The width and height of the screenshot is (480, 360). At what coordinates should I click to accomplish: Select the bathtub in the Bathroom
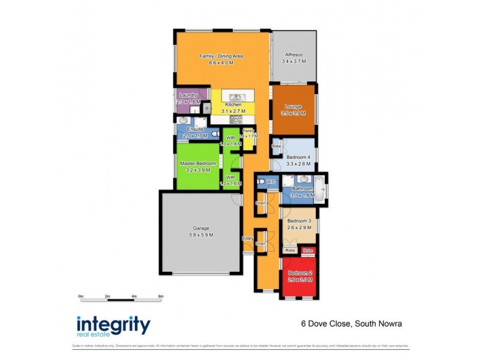pos(320,188)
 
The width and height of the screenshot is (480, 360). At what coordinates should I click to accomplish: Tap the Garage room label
pos(202,228)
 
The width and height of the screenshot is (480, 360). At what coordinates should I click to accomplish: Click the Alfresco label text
pos(294,55)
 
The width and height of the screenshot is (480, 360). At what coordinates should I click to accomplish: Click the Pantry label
pos(248,130)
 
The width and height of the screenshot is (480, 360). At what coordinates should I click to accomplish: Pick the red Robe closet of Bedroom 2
pos(308,250)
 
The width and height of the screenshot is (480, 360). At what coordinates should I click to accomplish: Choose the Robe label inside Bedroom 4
pos(276,146)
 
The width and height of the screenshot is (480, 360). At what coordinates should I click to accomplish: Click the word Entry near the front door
pos(247,239)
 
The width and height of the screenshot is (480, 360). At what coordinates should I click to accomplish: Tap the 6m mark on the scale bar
pos(161,296)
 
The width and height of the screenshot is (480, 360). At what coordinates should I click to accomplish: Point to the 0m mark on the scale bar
pos(81,296)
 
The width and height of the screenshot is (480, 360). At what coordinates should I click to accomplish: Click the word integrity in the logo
pos(113,325)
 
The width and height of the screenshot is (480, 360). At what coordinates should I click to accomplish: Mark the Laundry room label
pos(188,95)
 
